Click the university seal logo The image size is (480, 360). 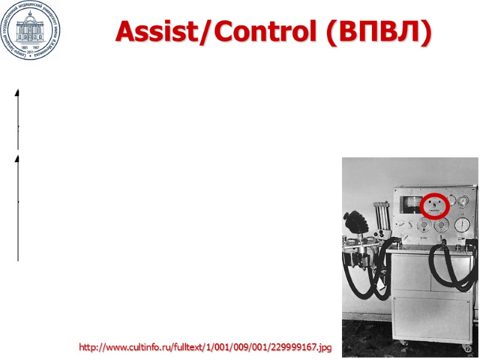tap(30, 30)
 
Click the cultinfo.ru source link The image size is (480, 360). tap(205, 347)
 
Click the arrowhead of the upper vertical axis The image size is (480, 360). tap(17, 92)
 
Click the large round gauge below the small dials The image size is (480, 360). tap(463, 225)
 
